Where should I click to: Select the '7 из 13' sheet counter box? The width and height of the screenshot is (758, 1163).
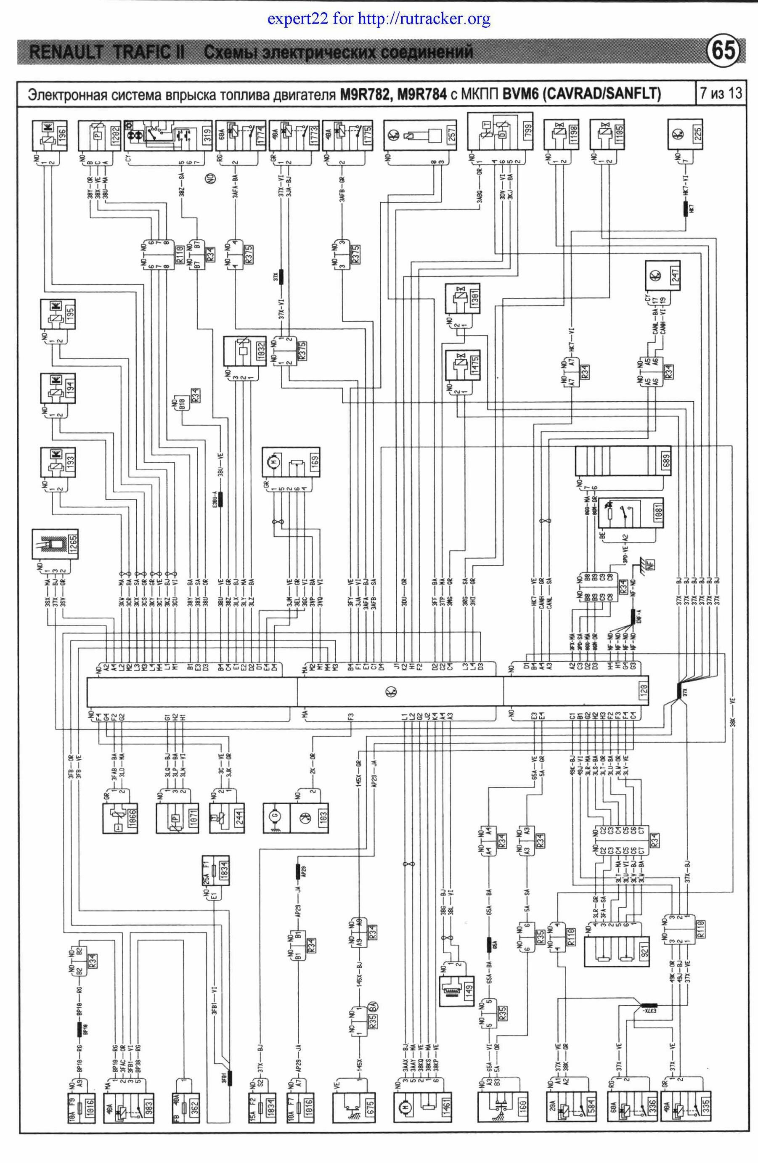coord(721,93)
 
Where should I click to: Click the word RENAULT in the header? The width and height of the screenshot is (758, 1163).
coord(66,52)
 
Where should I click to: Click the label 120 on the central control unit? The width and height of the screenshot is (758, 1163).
coord(644,691)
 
